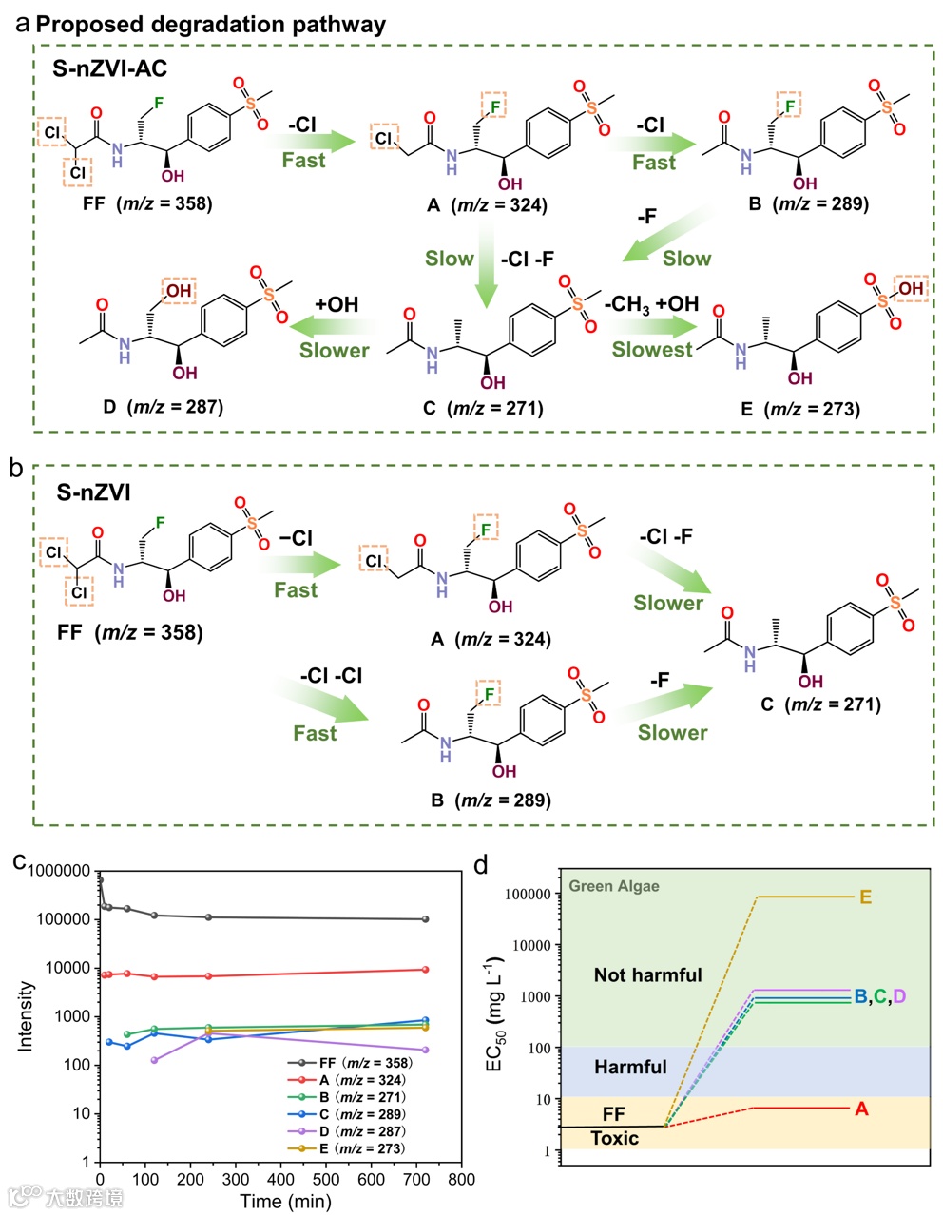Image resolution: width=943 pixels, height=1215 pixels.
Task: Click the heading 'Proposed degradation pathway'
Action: click(x=211, y=24)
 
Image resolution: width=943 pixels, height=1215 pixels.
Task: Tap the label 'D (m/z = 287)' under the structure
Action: click(x=163, y=407)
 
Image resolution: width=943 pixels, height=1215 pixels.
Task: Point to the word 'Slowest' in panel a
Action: click(x=652, y=350)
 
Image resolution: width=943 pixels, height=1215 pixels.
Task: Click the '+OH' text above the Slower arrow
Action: click(x=337, y=304)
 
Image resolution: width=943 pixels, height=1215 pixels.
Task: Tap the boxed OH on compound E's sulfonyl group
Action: click(x=910, y=288)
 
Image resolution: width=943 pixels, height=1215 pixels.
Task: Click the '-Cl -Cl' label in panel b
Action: click(x=331, y=676)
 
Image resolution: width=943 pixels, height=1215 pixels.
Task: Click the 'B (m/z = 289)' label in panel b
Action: click(x=490, y=800)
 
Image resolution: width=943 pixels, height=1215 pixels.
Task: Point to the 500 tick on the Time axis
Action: click(x=326, y=1180)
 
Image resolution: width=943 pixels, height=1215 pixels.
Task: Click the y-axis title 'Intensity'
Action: click(x=26, y=1015)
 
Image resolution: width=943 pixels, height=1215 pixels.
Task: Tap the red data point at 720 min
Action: click(x=425, y=970)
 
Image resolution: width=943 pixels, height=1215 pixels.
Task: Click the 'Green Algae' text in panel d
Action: click(x=613, y=886)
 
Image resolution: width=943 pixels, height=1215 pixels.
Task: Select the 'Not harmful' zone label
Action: click(x=647, y=974)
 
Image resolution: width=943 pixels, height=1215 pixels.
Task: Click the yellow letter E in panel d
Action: click(x=865, y=897)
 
